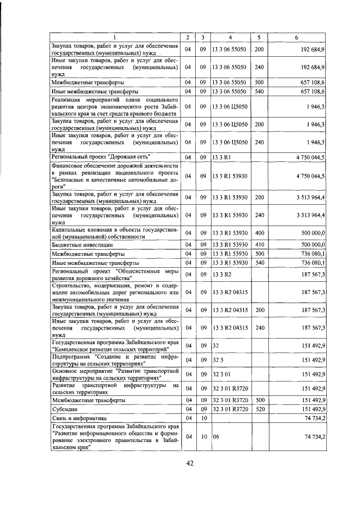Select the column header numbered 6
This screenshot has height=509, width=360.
(296, 37)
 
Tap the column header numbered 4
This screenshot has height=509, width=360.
(230, 37)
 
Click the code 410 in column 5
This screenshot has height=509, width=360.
(259, 245)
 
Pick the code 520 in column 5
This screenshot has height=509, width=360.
(259, 409)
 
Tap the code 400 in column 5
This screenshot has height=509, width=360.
(259, 233)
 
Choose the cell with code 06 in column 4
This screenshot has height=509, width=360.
(215, 436)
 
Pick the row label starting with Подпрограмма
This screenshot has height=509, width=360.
(115, 360)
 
